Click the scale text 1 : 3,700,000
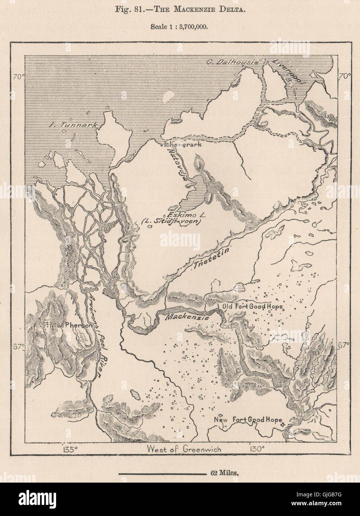(180, 27)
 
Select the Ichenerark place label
(181, 144)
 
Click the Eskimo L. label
(185, 215)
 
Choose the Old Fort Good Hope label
(253, 307)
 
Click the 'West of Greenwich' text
(184, 449)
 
